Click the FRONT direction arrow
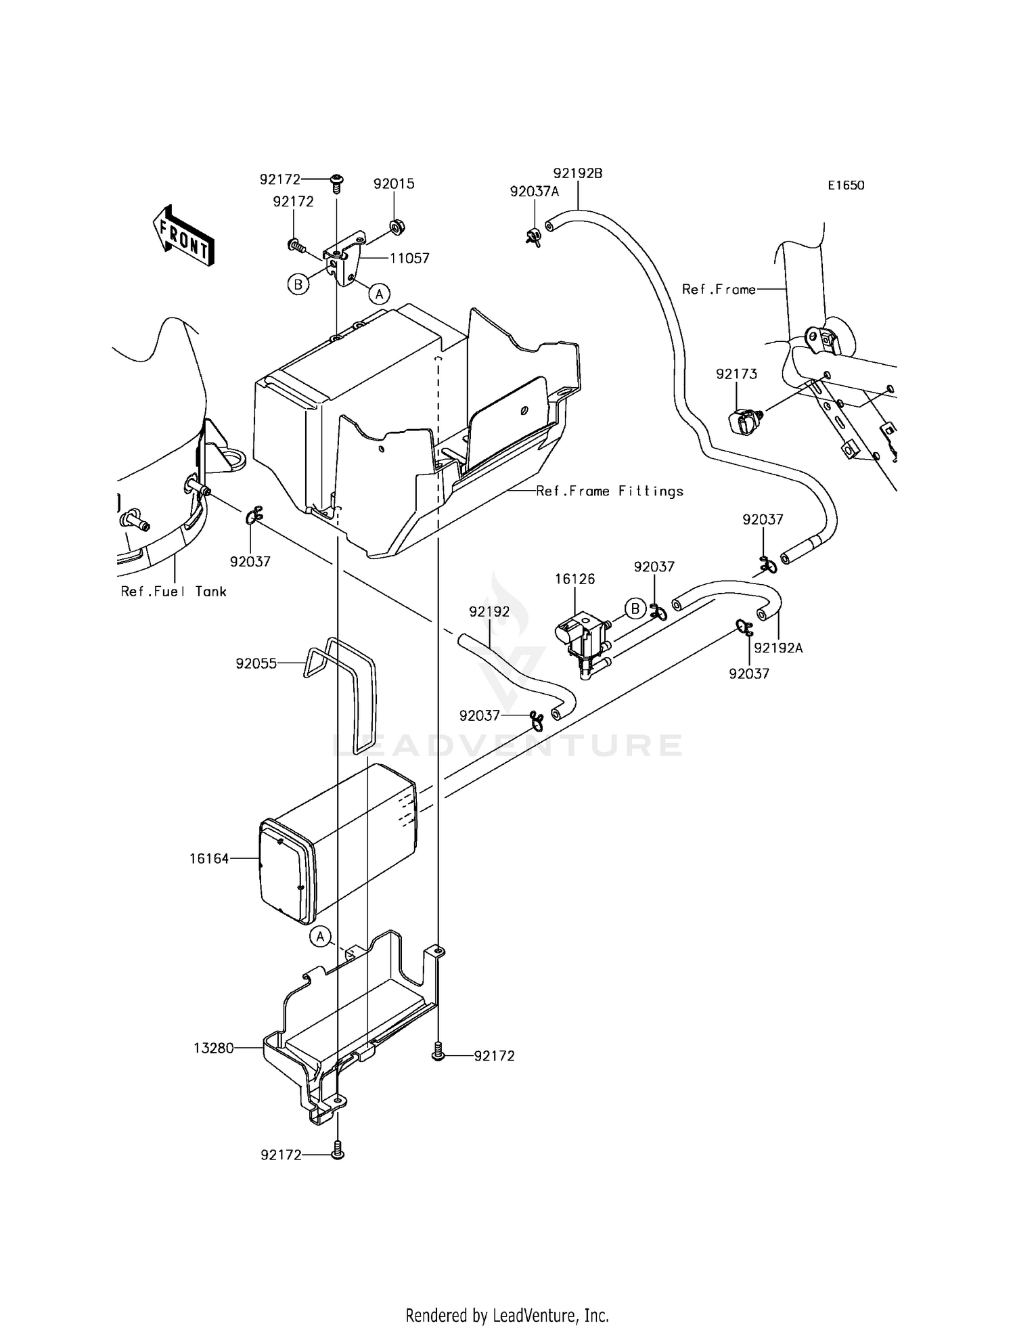[183, 235]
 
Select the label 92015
[394, 184]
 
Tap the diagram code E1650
[845, 185]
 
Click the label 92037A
[534, 192]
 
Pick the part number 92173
[737, 374]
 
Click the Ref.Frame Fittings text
[610, 491]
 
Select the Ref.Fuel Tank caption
[173, 592]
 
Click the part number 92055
[256, 664]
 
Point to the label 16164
[209, 859]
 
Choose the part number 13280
[213, 1048]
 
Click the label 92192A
[778, 648]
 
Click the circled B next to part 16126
[635, 609]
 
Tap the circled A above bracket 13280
[321, 937]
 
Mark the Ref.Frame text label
[718, 290]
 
